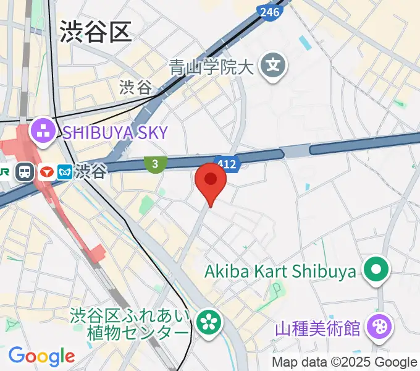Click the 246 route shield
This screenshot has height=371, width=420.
[270, 11]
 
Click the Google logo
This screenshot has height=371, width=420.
[41, 356]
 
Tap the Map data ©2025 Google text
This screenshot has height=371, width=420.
[345, 362]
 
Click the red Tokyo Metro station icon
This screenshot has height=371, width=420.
[45, 171]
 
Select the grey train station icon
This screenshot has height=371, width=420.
[25, 171]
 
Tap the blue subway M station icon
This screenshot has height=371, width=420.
[65, 172]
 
